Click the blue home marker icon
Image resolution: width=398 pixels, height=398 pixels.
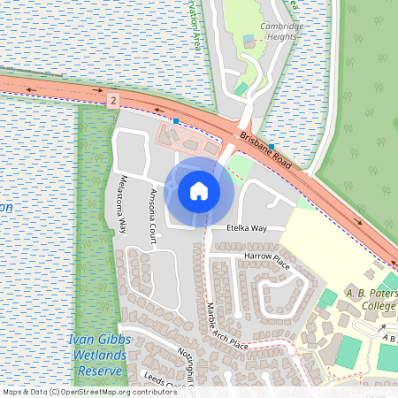click(199, 190)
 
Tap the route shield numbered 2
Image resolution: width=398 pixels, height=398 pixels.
click(114, 102)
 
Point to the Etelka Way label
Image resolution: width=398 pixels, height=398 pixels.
click(246, 228)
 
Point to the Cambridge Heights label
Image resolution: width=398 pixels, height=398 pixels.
click(281, 32)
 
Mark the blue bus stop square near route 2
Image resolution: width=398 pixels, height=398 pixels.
click(176, 120)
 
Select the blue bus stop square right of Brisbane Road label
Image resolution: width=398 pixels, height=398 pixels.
click(272, 146)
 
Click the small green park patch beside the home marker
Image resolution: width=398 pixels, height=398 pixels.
click(239, 165)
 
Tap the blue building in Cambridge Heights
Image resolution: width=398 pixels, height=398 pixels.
click(249, 39)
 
